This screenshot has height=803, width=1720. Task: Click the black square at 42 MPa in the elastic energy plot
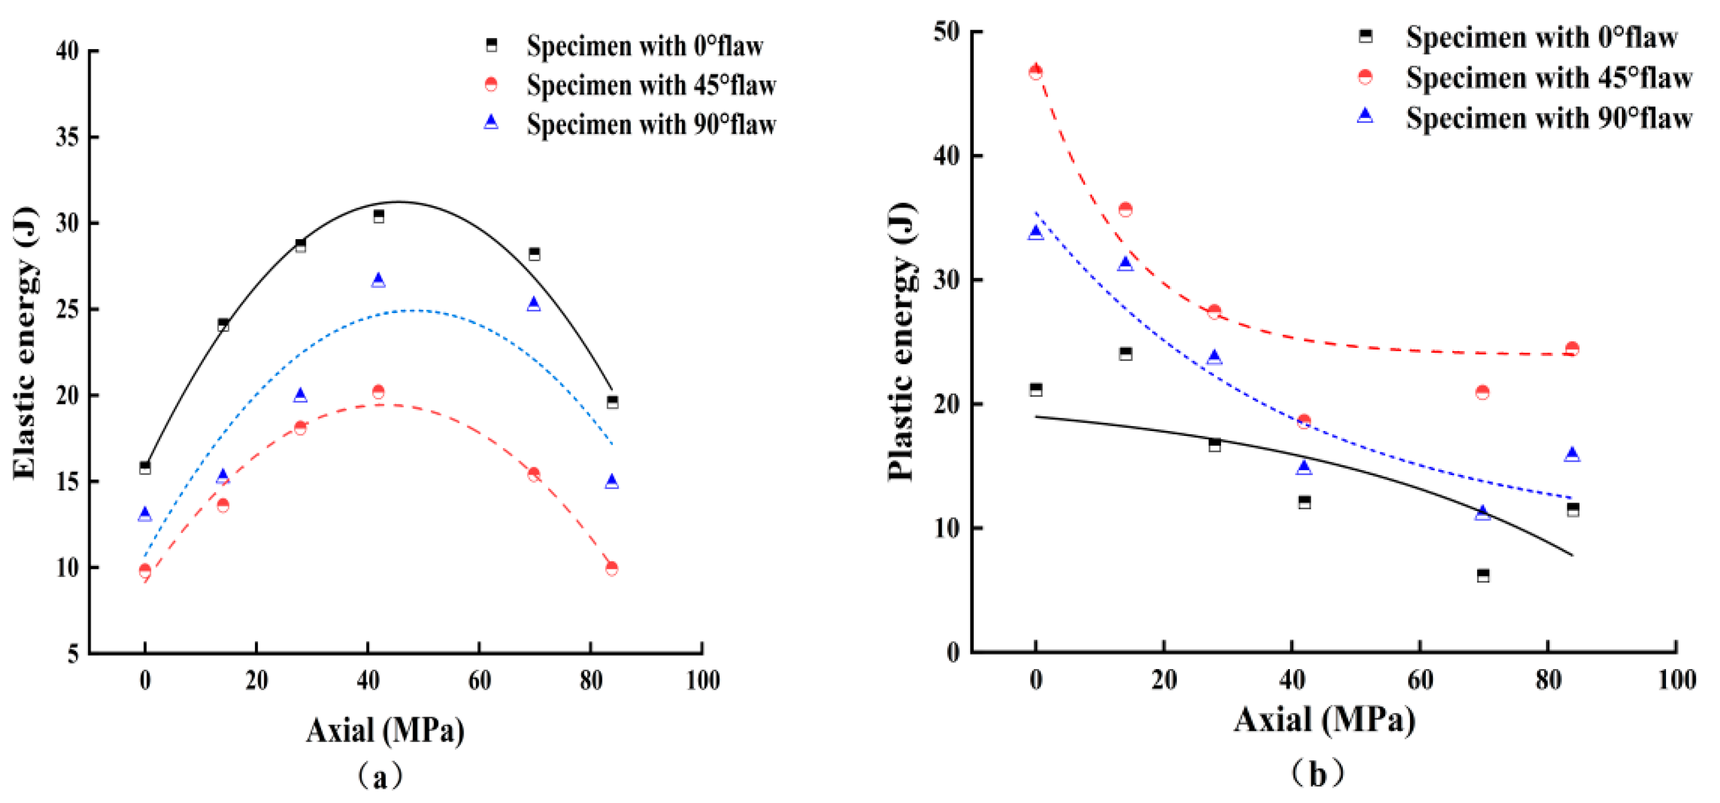(x=378, y=216)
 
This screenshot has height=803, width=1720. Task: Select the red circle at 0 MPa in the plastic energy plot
(x=1035, y=72)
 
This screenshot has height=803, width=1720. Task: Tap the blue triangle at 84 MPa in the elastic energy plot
(x=612, y=481)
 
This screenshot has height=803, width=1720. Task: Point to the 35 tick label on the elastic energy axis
(x=67, y=137)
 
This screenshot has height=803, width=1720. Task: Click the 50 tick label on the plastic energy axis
(x=946, y=31)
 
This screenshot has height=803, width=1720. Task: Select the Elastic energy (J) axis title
(x=25, y=343)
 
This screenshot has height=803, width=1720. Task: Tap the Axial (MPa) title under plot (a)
(x=386, y=730)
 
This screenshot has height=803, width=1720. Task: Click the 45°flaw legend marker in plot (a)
(x=491, y=84)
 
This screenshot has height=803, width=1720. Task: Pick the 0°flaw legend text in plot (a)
(x=644, y=45)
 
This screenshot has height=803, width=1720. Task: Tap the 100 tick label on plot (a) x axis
(x=702, y=681)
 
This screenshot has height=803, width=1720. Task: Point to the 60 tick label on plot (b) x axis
(x=1419, y=680)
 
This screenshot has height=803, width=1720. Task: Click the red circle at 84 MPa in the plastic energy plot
(x=1572, y=349)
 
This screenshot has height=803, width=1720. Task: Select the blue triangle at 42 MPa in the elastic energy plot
(x=378, y=280)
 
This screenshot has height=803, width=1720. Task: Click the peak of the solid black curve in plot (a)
(x=399, y=202)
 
